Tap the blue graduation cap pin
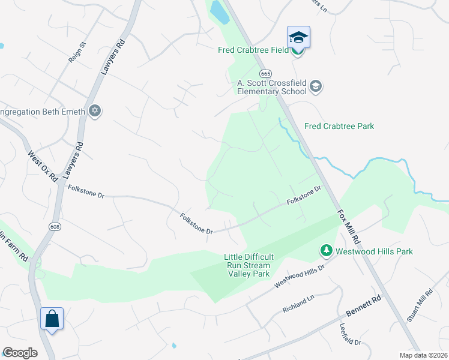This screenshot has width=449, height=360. click(x=298, y=37)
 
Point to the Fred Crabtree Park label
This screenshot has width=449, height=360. click(x=339, y=126)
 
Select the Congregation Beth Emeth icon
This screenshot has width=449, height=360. click(x=94, y=111)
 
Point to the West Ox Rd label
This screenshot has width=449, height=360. click(x=42, y=165)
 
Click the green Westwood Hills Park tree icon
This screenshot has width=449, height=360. click(x=325, y=250)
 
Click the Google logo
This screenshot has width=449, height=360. click(x=20, y=352)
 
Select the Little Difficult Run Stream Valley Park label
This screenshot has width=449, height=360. click(x=247, y=265)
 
